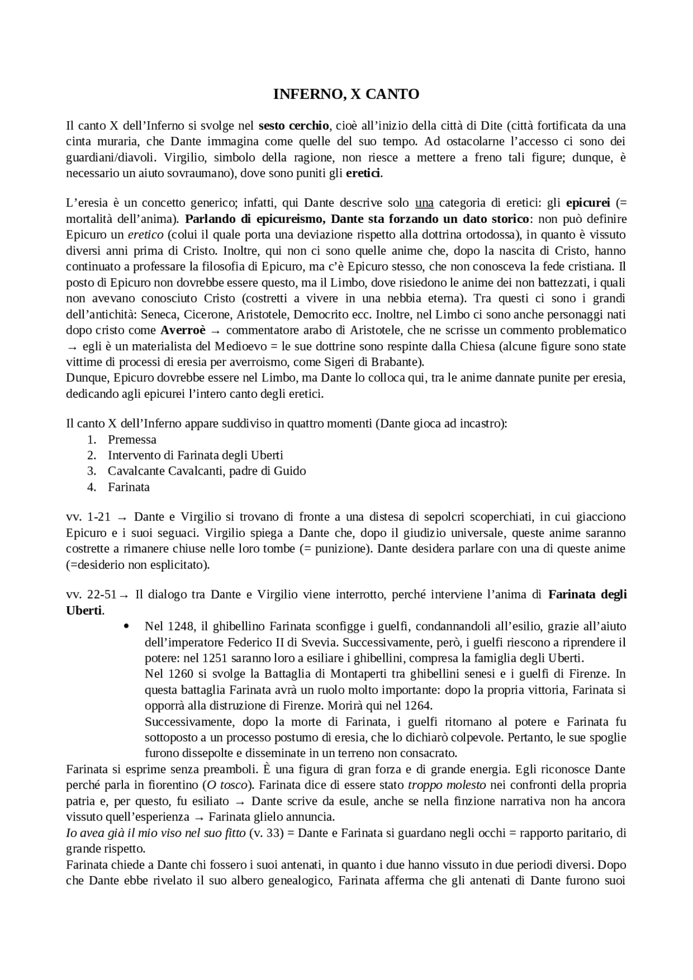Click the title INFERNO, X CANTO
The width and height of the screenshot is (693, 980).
tap(346, 94)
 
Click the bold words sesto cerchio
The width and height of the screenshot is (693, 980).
tap(293, 126)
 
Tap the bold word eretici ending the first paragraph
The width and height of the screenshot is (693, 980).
tap(363, 174)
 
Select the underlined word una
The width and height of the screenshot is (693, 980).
tap(424, 203)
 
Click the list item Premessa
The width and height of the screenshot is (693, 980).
tap(132, 439)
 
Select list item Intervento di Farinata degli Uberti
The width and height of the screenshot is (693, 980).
tap(195, 455)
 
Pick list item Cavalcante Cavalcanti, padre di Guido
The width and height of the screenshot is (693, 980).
tap(207, 471)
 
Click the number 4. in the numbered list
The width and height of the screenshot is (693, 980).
tap(91, 487)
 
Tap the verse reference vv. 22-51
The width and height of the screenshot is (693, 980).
tap(91, 595)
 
